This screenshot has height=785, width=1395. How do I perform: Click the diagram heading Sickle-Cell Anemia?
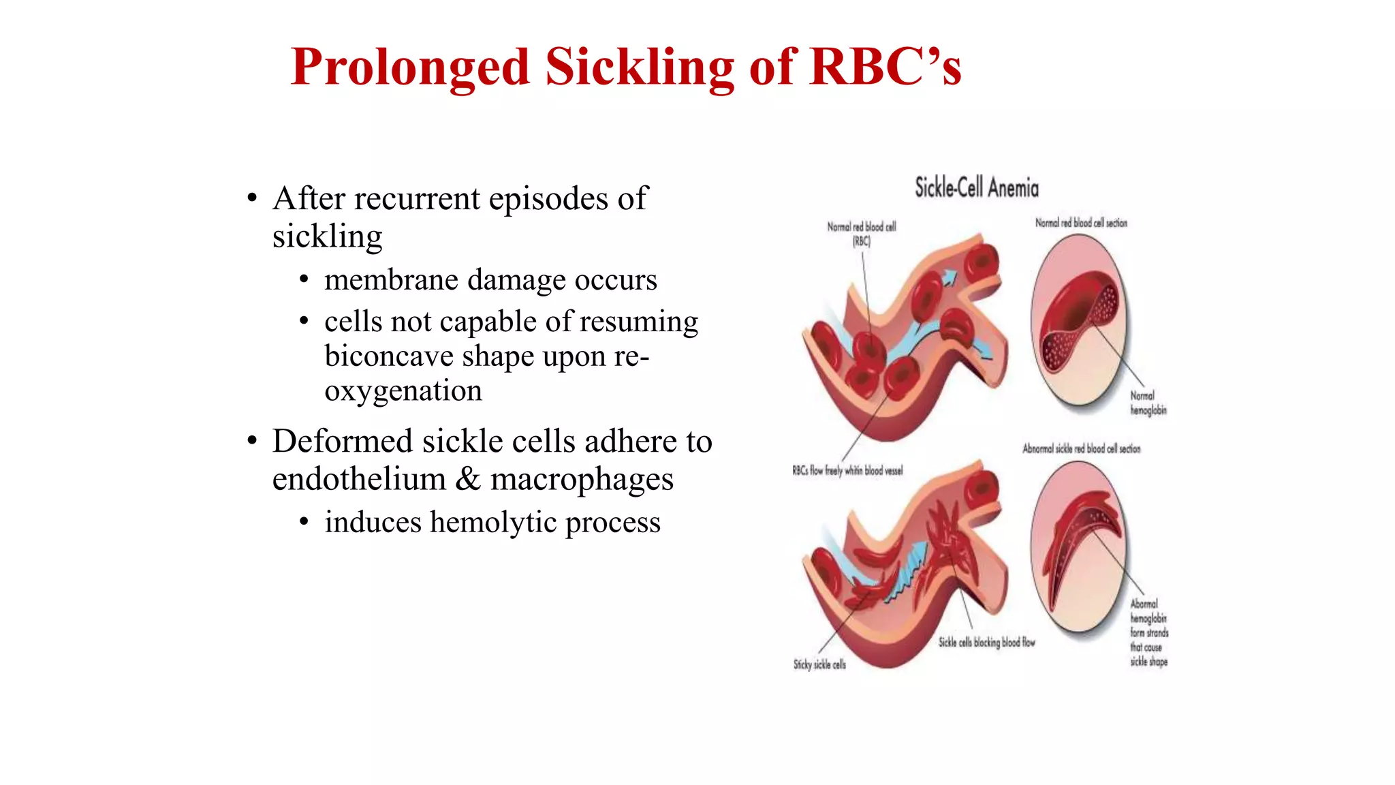click(976, 188)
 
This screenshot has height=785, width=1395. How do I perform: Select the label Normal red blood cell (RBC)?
click(861, 233)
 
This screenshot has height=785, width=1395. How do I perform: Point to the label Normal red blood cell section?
click(1081, 223)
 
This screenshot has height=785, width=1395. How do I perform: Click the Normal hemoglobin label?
click(1148, 403)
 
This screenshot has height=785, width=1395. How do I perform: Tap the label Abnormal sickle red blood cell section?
click(1081, 448)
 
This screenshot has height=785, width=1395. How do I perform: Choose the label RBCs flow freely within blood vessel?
click(847, 470)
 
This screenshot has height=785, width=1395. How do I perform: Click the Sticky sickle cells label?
click(819, 664)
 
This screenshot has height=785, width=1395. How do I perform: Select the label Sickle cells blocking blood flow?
click(986, 642)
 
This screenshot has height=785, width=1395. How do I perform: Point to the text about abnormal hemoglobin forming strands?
click(1149, 632)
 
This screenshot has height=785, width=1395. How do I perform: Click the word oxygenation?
click(403, 391)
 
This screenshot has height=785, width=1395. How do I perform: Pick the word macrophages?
click(582, 479)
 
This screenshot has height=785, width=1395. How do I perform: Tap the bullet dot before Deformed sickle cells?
click(253, 441)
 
